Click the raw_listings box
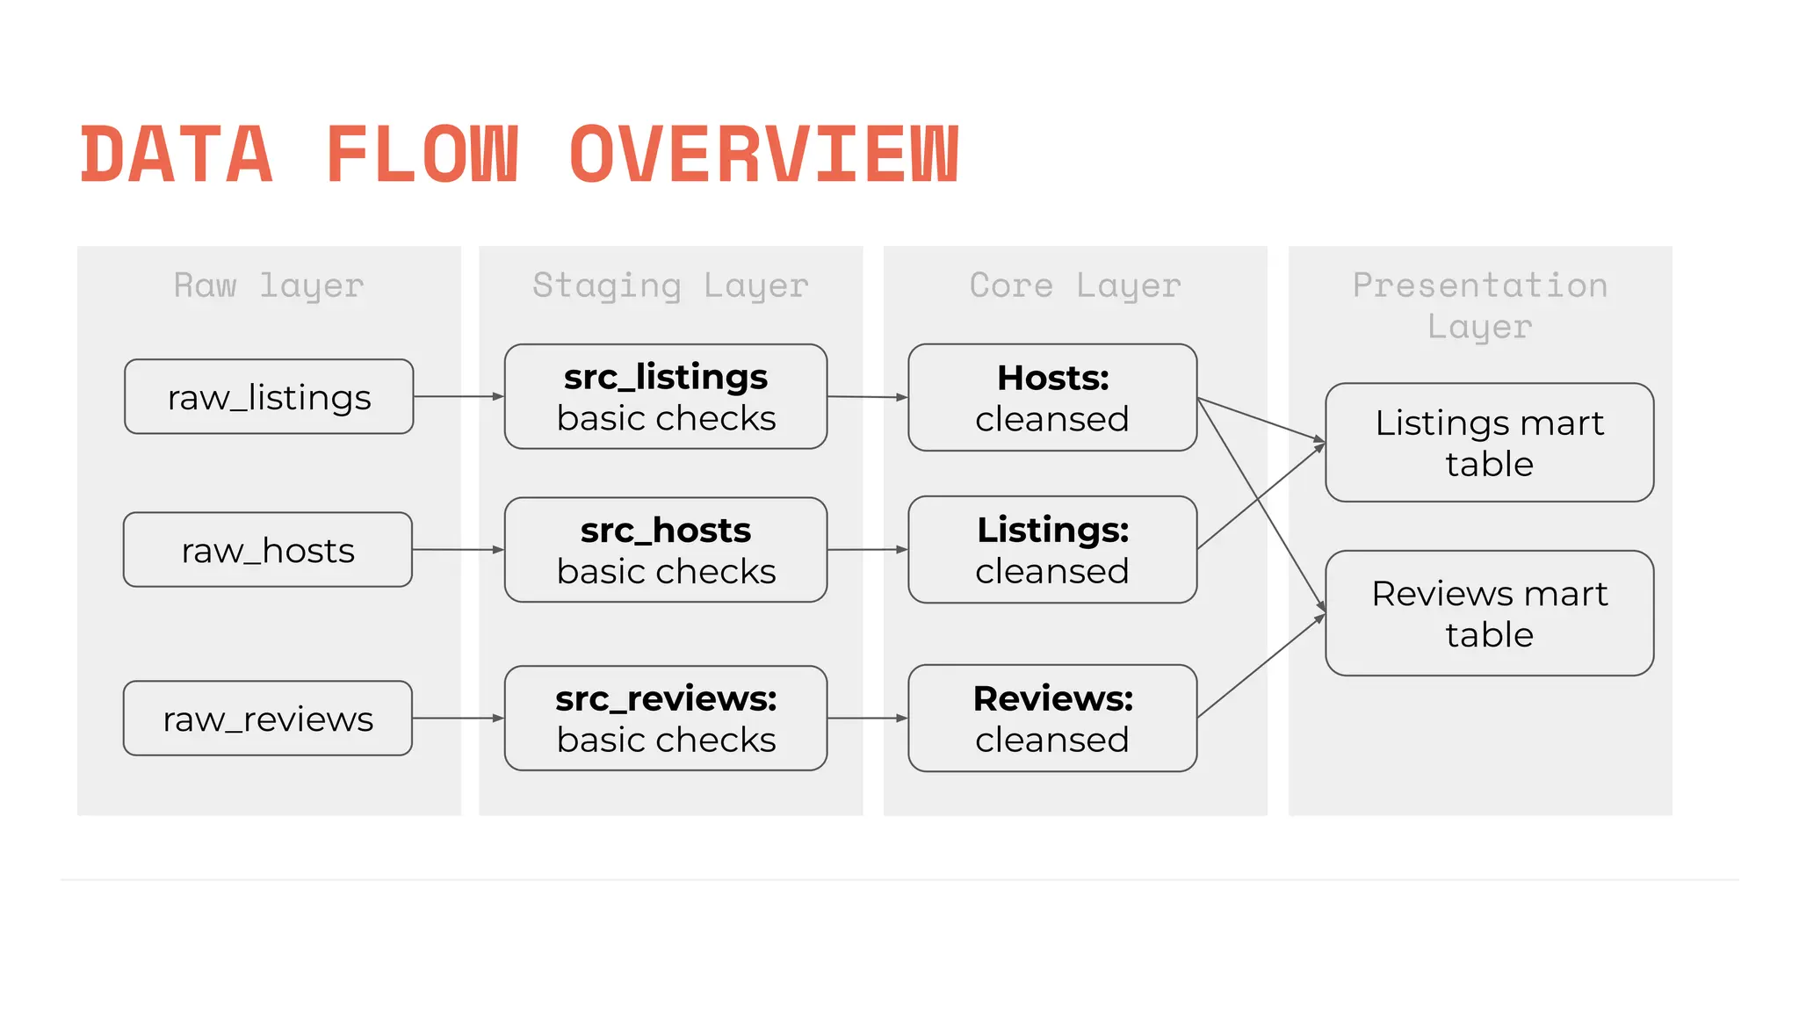tap(269, 396)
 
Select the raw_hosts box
tap(268, 550)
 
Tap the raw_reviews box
tap(268, 718)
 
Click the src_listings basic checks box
tap(666, 397)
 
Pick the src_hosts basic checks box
tap(666, 550)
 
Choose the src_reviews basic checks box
tap(666, 718)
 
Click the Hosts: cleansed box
tap(1052, 397)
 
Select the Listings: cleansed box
tap(1052, 550)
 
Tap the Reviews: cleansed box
tap(1052, 718)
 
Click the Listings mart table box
tap(1489, 442)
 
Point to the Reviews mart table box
tap(1489, 613)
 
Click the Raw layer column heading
tap(269, 286)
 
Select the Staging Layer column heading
tap(670, 286)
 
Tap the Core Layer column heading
tap(1075, 286)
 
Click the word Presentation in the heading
tap(1480, 286)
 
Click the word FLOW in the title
tap(423, 155)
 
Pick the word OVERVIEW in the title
tap(764, 155)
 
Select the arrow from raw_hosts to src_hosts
tap(458, 550)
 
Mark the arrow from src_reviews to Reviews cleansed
tap(867, 719)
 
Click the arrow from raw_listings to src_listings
tap(459, 397)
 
